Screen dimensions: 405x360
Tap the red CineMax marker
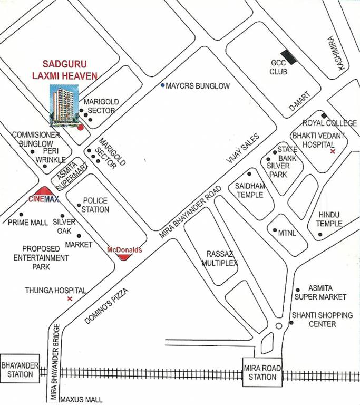tap(44, 194)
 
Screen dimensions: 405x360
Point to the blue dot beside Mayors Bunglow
tap(163, 85)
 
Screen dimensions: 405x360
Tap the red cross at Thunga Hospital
tap(70, 299)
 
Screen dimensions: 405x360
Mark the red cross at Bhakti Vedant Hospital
tap(332, 151)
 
